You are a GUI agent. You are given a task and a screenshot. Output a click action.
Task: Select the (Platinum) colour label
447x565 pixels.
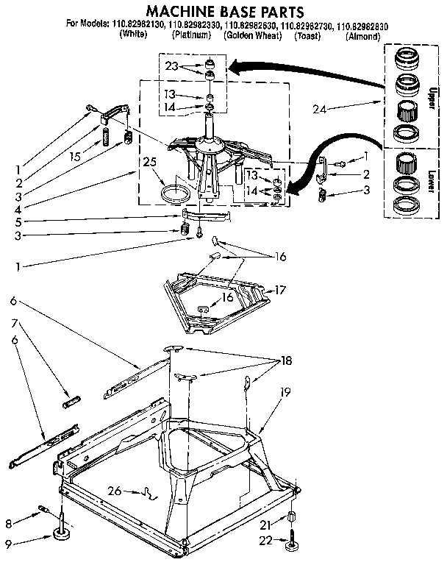[x=193, y=35]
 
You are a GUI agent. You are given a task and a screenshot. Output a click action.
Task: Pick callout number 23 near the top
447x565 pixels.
[x=171, y=66]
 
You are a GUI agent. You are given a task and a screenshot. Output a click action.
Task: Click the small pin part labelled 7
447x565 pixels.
[x=71, y=402]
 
